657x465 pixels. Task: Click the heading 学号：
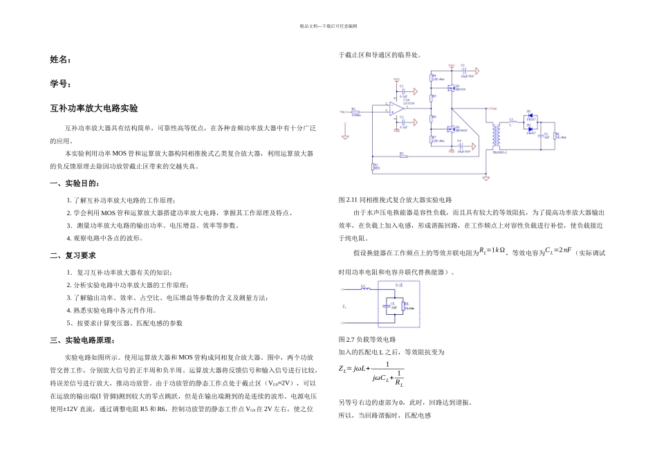61,84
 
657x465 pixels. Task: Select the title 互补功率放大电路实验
94,109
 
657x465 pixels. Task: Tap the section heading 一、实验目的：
75,183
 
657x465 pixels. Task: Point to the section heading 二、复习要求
73,255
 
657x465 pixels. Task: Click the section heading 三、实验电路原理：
83,340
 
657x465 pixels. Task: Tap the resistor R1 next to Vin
355,111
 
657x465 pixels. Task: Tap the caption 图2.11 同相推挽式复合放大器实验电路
394,199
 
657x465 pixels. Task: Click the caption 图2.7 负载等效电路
367,340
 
